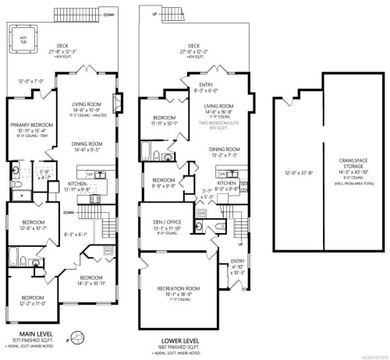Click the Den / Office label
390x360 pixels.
coord(168,221)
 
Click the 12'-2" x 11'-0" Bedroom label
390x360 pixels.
coord(33,298)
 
